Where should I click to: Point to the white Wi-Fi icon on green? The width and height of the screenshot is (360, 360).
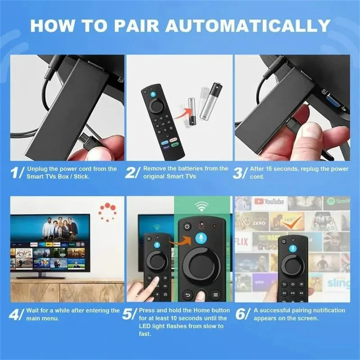point(202,207)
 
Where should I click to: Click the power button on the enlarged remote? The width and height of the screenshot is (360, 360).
point(186,226)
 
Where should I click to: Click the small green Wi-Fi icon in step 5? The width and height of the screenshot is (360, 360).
point(157,227)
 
